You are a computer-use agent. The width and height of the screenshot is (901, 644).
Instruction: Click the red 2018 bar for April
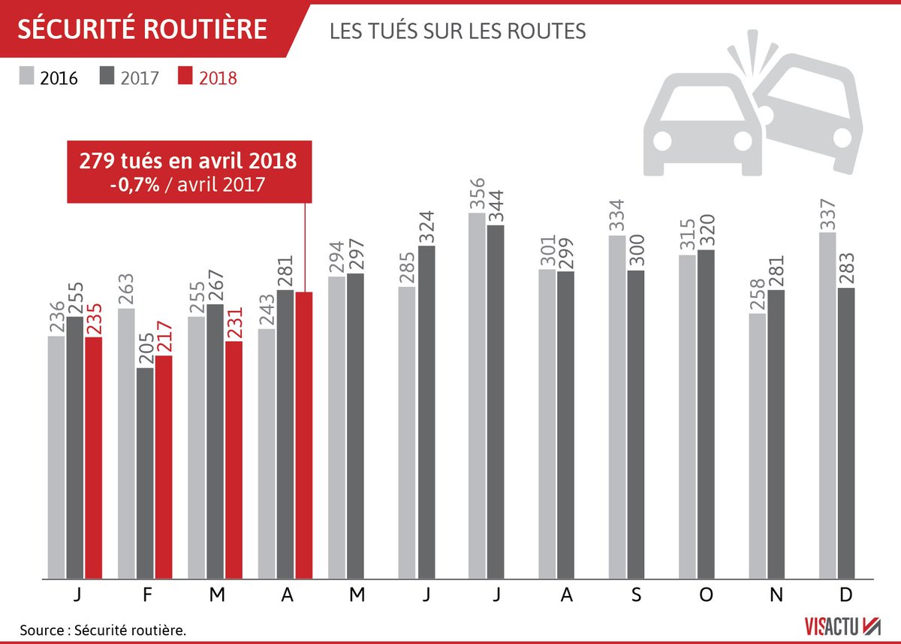point(304,436)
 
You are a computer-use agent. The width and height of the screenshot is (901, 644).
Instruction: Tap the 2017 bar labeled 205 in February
point(145,473)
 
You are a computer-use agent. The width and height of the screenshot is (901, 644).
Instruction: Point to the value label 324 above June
point(426,222)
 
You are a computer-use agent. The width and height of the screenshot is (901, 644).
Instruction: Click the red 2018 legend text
point(218,77)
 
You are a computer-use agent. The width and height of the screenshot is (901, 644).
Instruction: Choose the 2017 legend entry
point(128,77)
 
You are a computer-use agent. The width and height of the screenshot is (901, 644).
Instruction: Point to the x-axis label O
point(705,594)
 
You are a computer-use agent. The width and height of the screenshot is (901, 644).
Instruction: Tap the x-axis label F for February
point(147,594)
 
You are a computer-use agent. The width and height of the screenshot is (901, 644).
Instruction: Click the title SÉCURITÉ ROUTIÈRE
point(143,29)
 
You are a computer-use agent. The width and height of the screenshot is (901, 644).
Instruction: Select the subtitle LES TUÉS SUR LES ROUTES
point(457,32)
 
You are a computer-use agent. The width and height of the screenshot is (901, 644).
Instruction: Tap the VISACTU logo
point(837,625)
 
